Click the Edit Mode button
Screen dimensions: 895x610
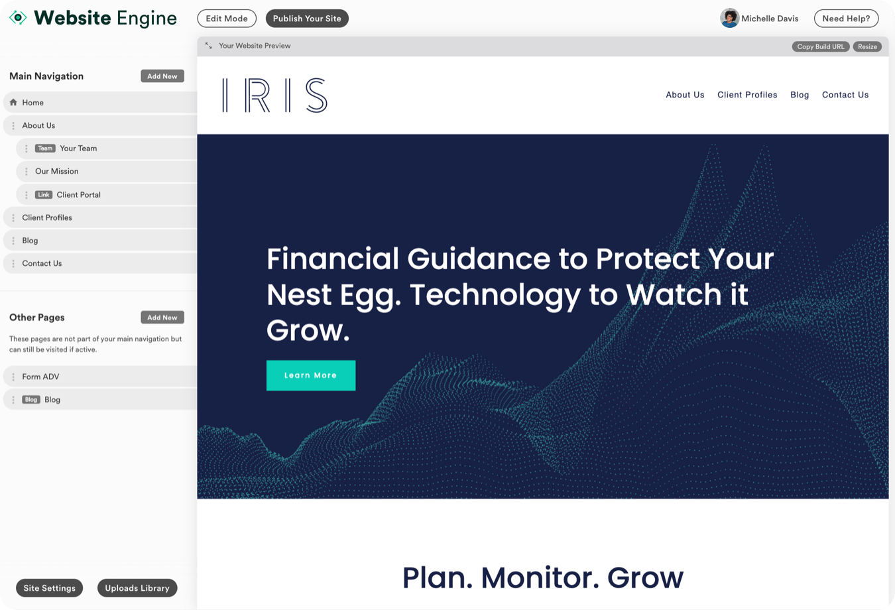click(x=227, y=19)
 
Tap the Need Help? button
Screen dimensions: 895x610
click(x=846, y=19)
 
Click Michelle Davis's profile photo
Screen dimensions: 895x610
click(x=729, y=19)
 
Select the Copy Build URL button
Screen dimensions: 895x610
click(x=821, y=46)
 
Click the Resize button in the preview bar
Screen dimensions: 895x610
click(x=867, y=46)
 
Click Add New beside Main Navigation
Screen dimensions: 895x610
click(x=162, y=76)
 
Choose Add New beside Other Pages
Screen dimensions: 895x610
click(x=162, y=317)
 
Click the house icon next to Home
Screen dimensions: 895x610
click(x=13, y=102)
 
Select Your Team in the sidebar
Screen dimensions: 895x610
click(x=78, y=149)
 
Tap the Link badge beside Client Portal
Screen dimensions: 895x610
click(x=44, y=194)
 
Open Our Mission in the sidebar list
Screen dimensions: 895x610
click(x=57, y=171)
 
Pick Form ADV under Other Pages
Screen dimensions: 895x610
click(x=40, y=377)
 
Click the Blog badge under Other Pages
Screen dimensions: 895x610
click(x=30, y=399)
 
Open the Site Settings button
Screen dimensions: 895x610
click(x=49, y=587)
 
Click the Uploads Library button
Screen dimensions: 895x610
click(x=137, y=587)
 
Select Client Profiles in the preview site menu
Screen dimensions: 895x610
click(x=747, y=95)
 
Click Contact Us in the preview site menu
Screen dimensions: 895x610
click(x=845, y=95)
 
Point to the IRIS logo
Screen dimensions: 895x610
click(x=275, y=95)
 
